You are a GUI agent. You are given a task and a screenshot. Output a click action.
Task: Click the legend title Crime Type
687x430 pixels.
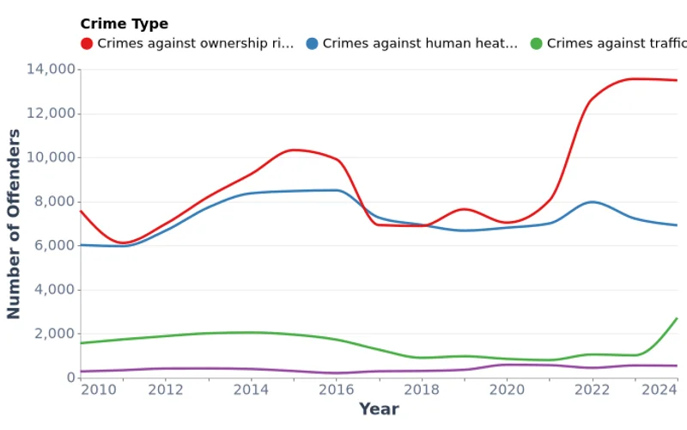pos(124,24)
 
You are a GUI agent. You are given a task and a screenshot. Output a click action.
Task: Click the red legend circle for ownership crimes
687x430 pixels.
pos(87,43)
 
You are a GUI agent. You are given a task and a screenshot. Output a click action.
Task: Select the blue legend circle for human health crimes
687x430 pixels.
pos(312,43)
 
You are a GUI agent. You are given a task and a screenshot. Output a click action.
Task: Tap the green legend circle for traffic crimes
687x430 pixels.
pos(536,43)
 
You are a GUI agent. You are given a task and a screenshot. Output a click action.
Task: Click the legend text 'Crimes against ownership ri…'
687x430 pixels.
pos(196,43)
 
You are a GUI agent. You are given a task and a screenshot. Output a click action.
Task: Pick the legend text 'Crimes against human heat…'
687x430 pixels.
pos(420,43)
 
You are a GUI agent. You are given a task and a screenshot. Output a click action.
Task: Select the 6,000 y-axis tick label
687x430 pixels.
pos(52,246)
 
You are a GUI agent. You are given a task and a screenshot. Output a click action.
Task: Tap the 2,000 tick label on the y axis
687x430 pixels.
pos(52,334)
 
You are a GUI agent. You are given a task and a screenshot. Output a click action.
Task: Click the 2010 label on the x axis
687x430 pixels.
pos(98,390)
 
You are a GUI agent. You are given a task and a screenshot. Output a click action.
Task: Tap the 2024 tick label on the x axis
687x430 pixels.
pos(660,390)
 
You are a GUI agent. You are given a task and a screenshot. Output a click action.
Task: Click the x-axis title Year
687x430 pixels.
pos(379,409)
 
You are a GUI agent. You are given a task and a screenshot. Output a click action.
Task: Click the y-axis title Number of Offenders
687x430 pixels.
pos(15,224)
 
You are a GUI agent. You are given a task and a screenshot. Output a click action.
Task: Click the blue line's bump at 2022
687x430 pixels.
pos(592,202)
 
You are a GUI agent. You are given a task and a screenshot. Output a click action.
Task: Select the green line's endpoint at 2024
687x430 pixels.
pos(677,319)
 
